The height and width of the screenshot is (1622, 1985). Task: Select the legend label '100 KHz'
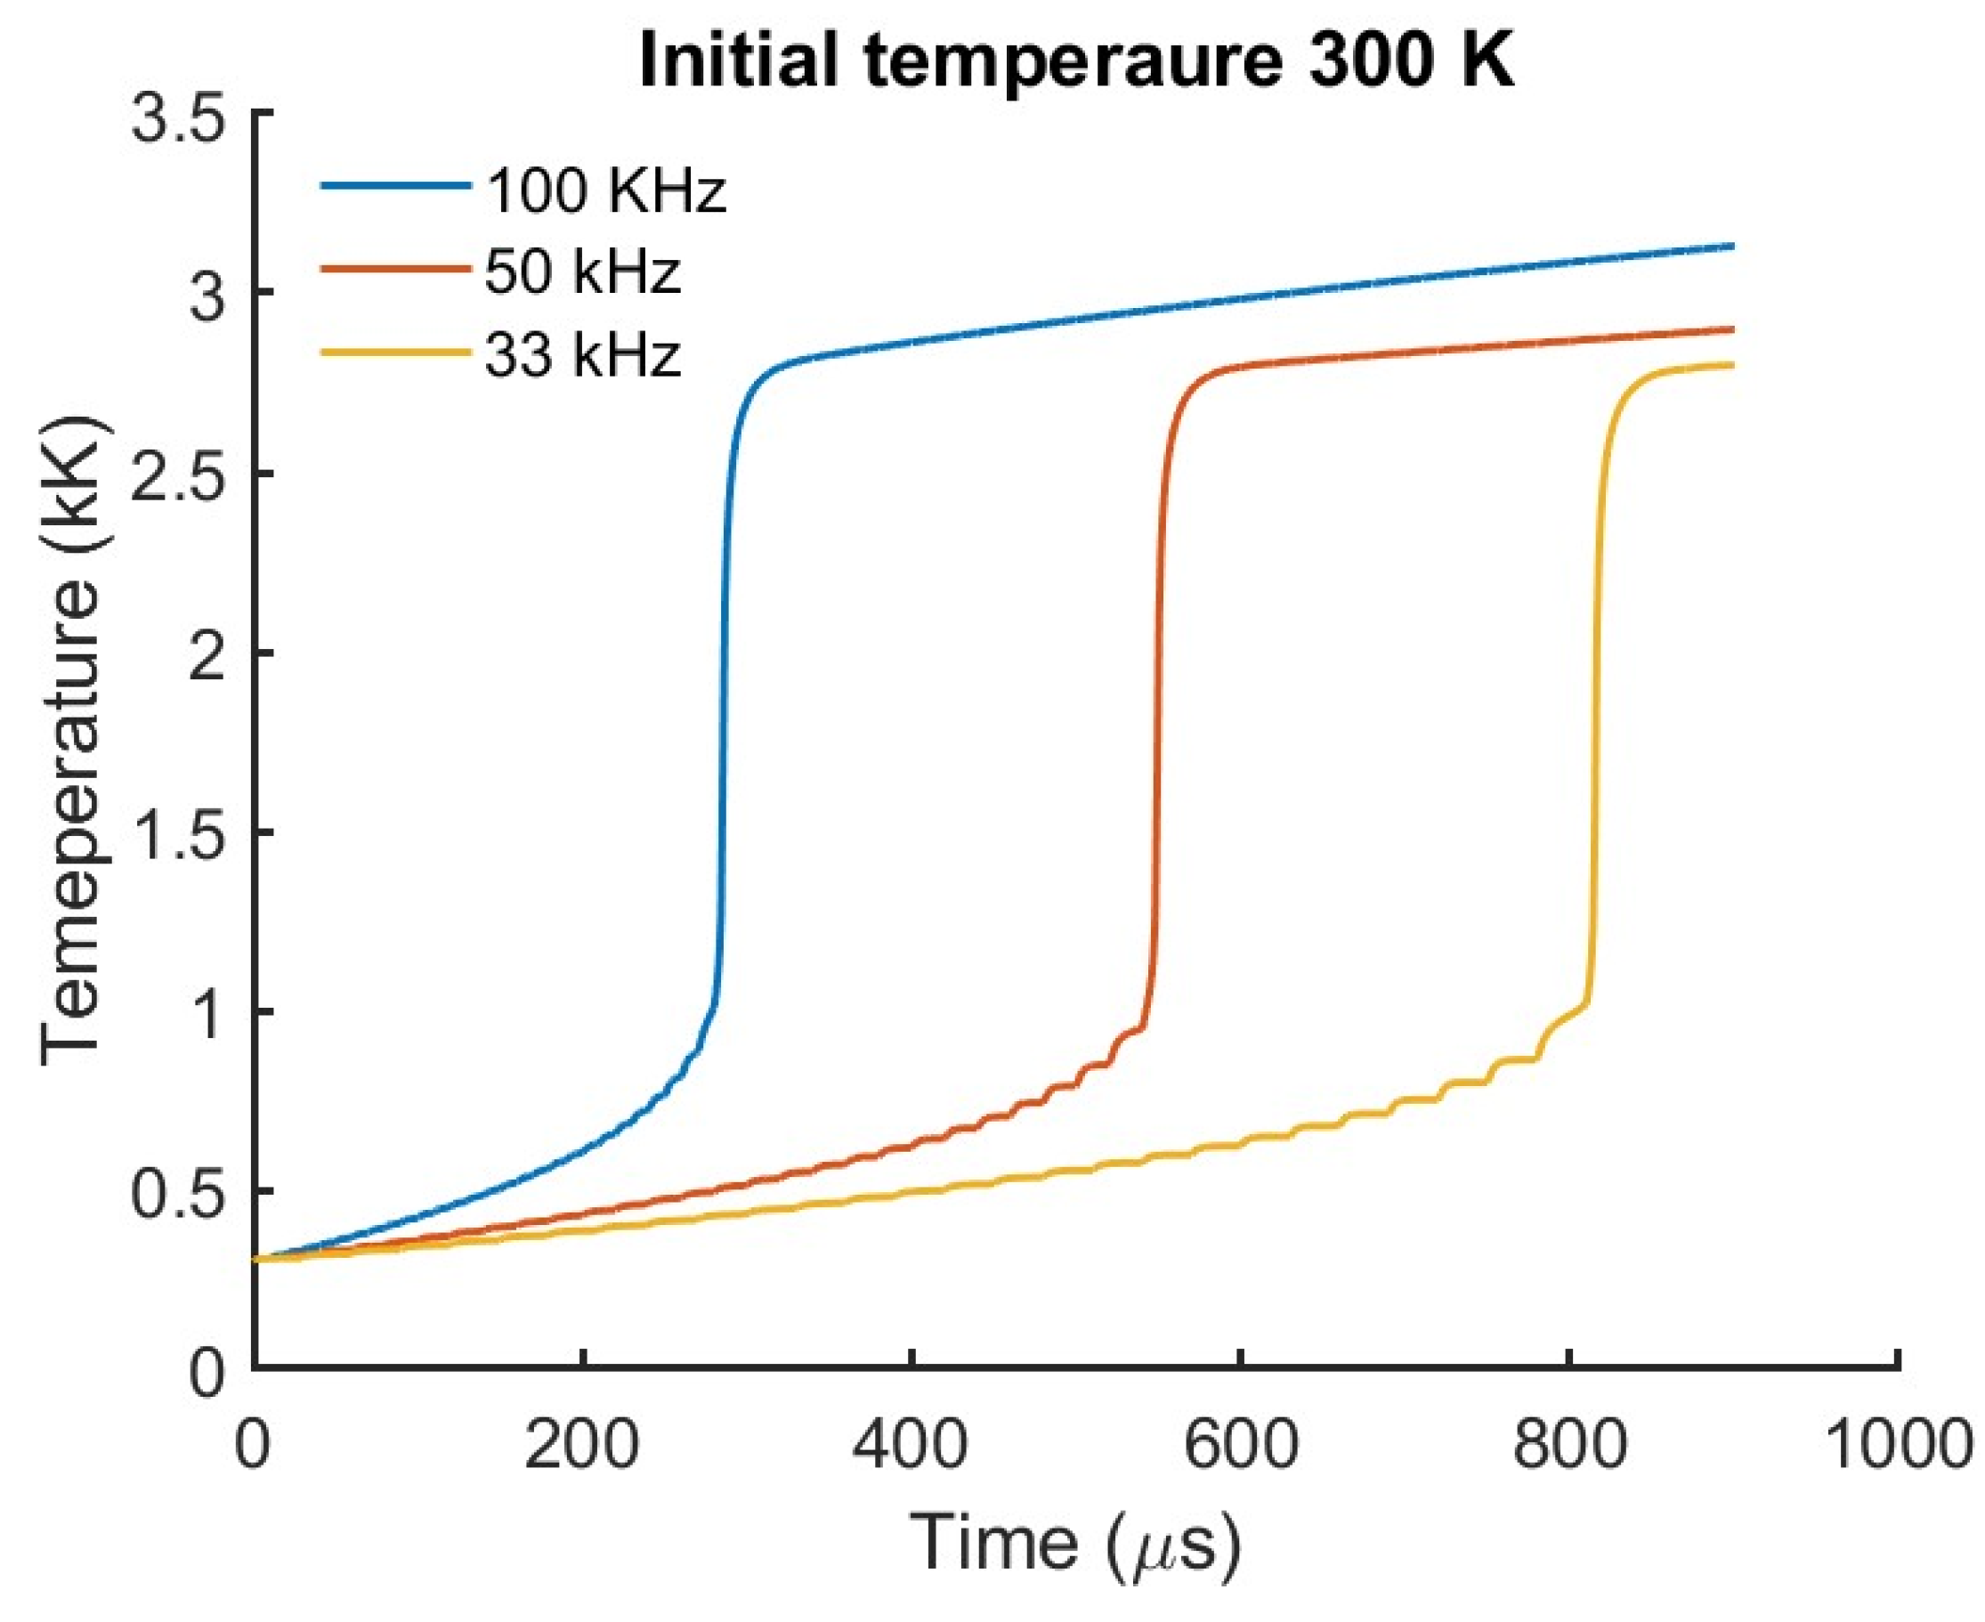605,191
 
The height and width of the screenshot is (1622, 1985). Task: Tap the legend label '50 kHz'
582,272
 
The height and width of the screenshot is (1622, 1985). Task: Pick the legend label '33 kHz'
582,355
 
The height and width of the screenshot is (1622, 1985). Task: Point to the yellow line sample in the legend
396,353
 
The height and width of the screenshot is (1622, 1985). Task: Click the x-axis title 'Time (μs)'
1075,1544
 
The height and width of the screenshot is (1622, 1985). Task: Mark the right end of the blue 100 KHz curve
1733,246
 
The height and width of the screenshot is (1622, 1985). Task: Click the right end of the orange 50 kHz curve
1733,328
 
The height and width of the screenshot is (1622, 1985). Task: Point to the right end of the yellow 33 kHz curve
1733,365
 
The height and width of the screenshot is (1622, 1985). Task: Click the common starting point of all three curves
255,1260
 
